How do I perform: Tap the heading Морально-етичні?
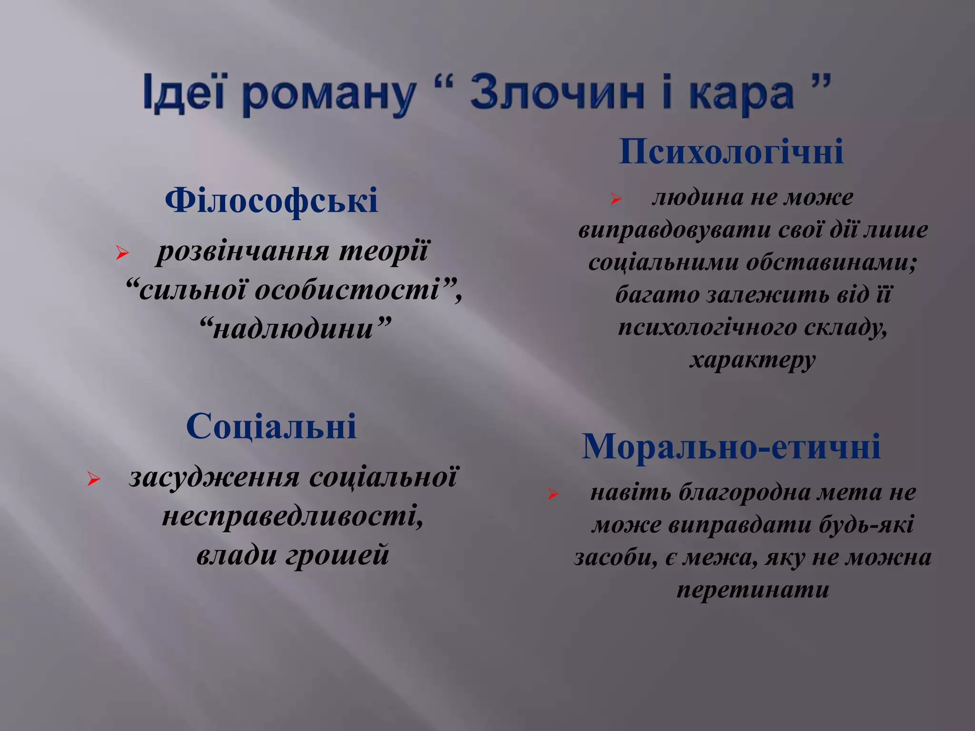click(x=731, y=446)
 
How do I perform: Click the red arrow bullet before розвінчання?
click(x=122, y=253)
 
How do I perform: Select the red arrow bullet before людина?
click(x=616, y=199)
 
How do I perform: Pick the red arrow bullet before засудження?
click(x=93, y=479)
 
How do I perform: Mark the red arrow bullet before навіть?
click(x=552, y=494)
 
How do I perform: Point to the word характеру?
click(x=753, y=360)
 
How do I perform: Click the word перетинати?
click(x=753, y=590)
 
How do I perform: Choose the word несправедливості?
click(x=290, y=516)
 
